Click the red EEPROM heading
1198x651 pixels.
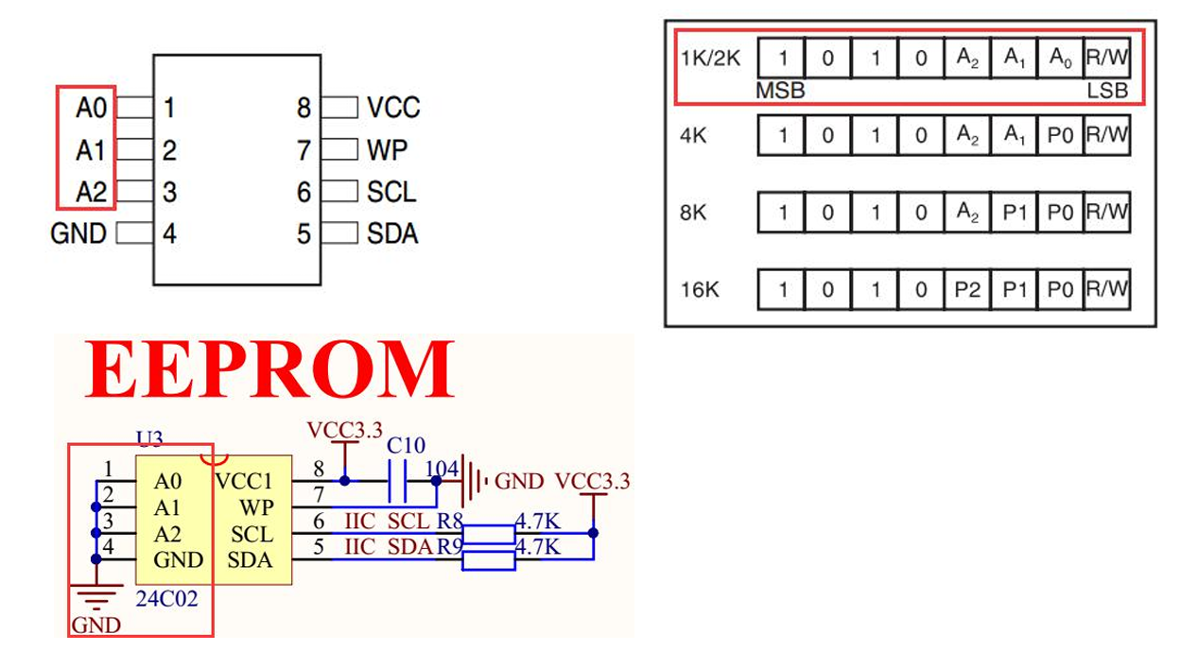[x=270, y=370]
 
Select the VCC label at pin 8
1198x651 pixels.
[x=393, y=108]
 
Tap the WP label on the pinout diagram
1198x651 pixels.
[x=388, y=150]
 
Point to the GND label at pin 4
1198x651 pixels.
[x=78, y=233]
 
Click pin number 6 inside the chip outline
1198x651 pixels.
[x=304, y=193]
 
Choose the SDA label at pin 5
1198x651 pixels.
[x=392, y=233]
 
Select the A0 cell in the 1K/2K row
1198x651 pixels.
[x=1061, y=59]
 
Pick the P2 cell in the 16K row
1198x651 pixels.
[x=967, y=289]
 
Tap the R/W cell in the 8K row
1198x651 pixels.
[x=1107, y=212]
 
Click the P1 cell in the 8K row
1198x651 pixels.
[x=1015, y=213]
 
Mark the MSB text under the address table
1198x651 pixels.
[x=780, y=91]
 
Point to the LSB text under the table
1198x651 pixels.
[x=1108, y=91]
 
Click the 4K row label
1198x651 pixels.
[x=693, y=136]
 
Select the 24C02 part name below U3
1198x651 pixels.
[x=167, y=598]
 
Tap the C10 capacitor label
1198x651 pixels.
[x=407, y=445]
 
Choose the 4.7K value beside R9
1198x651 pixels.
[x=538, y=547]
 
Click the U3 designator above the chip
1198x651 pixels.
[x=149, y=438]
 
